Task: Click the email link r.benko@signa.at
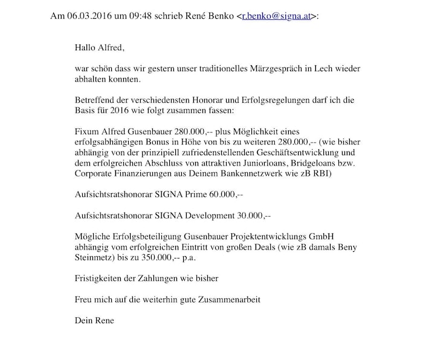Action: [276, 15]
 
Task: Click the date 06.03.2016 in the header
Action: [88, 15]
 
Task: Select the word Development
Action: [205, 215]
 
